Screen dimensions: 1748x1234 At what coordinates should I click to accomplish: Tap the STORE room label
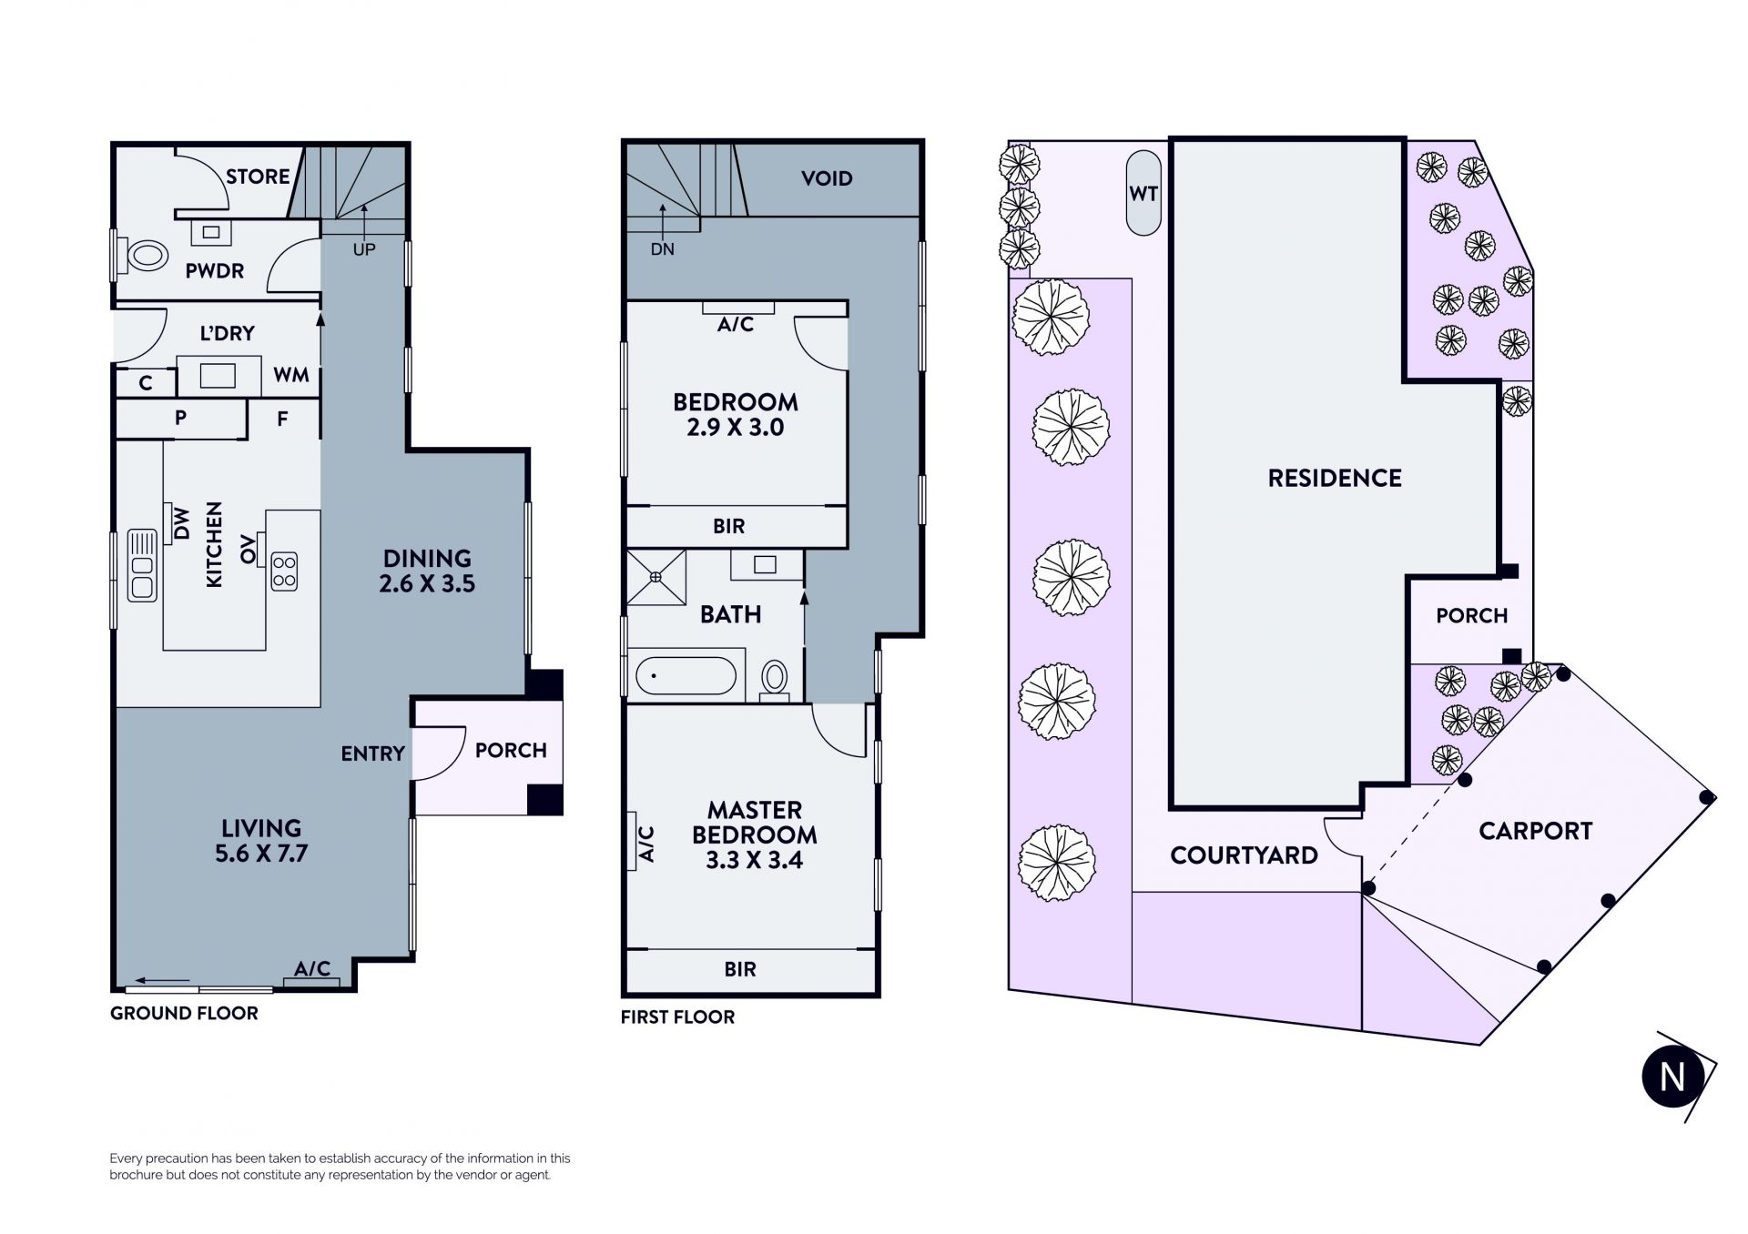[x=258, y=177]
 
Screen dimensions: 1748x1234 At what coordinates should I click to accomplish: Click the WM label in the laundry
[x=291, y=375]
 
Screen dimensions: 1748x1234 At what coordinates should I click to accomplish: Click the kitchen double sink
[x=142, y=565]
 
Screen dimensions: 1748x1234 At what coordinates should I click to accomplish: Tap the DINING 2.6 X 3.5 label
[x=427, y=571]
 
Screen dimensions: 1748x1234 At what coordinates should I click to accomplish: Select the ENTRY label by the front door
[x=372, y=754]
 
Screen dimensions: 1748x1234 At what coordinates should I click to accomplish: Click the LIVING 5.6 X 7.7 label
[x=261, y=841]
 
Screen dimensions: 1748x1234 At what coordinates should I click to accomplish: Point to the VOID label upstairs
[x=827, y=178]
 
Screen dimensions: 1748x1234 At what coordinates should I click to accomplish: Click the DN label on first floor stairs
[x=663, y=249]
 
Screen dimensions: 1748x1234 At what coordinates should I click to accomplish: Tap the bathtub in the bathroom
[x=686, y=676]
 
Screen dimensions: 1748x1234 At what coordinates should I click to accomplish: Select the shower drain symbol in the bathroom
[x=655, y=576]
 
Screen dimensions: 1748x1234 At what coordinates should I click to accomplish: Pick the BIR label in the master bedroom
[x=740, y=969]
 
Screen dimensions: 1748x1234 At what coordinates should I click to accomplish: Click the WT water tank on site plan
[x=1143, y=193]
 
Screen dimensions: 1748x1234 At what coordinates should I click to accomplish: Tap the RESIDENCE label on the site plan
[x=1335, y=478]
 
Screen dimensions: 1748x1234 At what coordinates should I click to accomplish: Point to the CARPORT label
[x=1535, y=831]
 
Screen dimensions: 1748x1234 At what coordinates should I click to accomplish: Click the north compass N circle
[x=1672, y=1077]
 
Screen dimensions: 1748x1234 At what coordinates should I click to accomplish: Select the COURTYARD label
[x=1244, y=855]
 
